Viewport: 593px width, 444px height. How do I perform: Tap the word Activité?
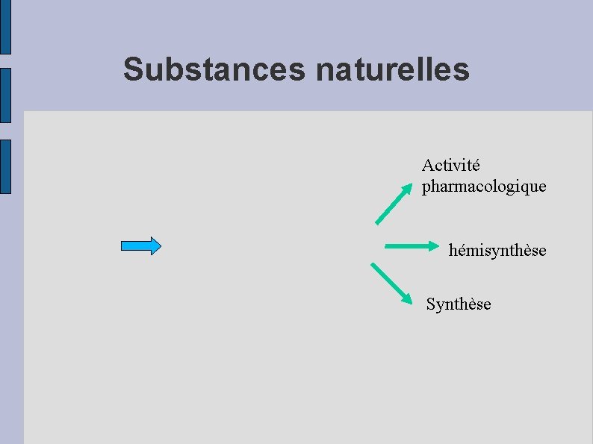point(451,164)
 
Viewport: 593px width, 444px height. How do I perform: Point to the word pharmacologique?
point(484,186)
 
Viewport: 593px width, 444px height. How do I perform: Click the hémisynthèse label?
point(497,251)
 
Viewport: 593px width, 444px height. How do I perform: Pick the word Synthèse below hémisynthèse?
point(459,304)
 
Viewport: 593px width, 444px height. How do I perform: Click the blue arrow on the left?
point(141,246)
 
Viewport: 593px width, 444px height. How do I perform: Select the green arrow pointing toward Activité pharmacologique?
point(394,204)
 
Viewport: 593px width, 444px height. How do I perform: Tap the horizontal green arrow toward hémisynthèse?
point(412,246)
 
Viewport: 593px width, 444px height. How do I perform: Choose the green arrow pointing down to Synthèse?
point(391,283)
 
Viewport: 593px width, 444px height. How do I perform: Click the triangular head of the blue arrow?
point(155,246)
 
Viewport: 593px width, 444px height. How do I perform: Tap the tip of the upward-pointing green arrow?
point(408,187)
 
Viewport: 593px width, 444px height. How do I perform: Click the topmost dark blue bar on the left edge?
point(5,27)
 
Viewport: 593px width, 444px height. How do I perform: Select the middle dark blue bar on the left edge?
point(5,95)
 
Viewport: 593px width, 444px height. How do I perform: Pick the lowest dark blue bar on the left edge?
point(5,166)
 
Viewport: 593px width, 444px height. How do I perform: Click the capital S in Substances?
point(133,69)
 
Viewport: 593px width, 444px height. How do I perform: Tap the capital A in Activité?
point(427,164)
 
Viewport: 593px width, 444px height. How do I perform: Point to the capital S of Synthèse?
point(430,304)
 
